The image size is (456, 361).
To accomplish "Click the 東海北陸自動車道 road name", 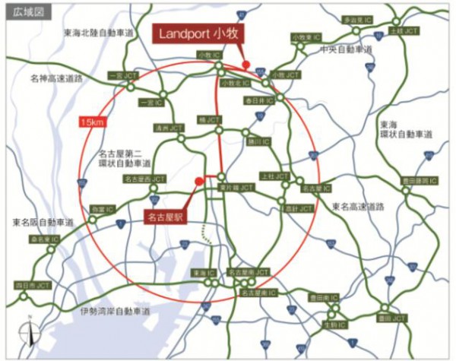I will [99, 33].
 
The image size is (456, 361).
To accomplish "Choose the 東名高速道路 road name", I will [359, 206].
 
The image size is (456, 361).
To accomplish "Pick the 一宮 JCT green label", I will [121, 76].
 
